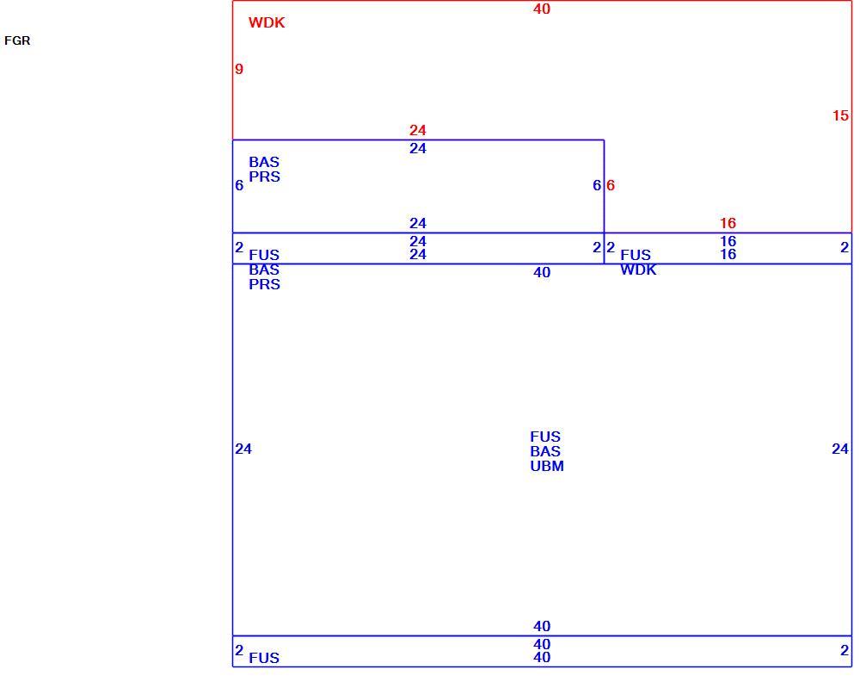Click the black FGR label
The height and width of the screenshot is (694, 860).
17,40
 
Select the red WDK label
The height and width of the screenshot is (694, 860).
267,22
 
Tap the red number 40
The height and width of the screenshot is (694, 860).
542,9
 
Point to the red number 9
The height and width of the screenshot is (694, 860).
238,69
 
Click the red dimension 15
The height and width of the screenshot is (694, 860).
840,115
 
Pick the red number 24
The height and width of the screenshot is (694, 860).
418,130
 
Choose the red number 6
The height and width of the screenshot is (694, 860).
611,185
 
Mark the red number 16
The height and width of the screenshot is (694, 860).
728,223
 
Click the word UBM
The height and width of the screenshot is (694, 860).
547,466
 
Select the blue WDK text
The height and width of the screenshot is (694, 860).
638,270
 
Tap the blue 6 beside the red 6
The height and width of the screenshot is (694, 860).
597,185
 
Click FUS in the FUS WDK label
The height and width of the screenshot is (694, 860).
636,255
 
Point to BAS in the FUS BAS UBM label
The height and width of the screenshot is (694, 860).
545,451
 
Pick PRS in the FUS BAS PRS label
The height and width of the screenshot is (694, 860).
264,284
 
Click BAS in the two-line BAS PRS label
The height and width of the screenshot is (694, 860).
264,162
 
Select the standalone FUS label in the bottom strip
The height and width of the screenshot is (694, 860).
264,658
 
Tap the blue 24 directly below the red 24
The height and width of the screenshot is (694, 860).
418,148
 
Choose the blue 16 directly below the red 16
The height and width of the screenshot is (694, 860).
728,241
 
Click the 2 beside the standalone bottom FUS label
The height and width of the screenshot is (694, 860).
238,650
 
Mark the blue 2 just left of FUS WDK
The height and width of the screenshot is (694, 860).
611,247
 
